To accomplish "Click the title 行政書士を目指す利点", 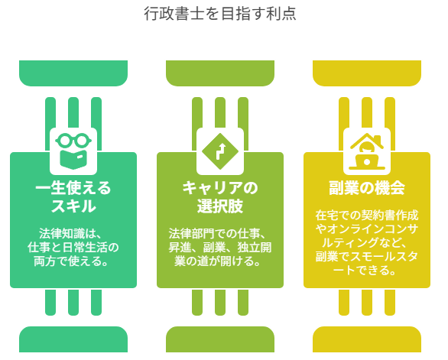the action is point(220,14).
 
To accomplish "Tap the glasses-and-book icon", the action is point(73,151).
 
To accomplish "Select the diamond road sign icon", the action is point(220,151).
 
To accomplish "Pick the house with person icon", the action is point(367,151).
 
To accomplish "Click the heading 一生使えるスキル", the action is point(73,197).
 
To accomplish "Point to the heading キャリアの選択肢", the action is point(220,197).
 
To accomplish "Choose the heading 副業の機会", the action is point(367,188).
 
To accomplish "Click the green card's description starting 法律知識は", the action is point(73,247).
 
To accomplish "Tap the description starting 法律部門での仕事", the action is point(220,247).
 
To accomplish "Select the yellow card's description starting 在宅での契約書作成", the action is point(367,242).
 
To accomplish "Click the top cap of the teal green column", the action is point(73,73).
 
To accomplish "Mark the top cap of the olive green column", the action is point(220,73).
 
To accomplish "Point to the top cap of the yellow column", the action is point(367,73).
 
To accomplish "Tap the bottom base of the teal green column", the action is point(73,339).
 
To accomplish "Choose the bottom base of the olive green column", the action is point(220,339).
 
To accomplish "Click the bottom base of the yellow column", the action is point(367,339).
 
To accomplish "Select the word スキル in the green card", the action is point(73,206).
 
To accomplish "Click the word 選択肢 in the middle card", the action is point(220,206).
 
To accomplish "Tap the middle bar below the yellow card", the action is point(367,302).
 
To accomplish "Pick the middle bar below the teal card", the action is point(73,302).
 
